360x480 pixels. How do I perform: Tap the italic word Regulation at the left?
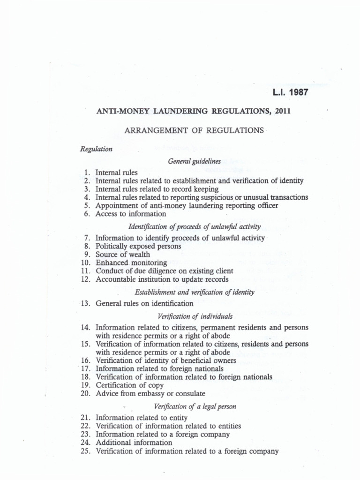pyautogui.click(x=97, y=149)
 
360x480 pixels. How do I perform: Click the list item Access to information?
pyautogui.click(x=131, y=214)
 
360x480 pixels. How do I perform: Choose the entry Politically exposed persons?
pyautogui.click(x=138, y=246)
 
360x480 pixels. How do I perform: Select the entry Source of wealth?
pyautogui.click(x=123, y=255)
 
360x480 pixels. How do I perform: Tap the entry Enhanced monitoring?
pyautogui.click(x=131, y=262)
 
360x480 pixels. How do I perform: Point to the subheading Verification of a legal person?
pyautogui.click(x=194, y=406)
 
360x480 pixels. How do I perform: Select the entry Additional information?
pyautogui.click(x=134, y=442)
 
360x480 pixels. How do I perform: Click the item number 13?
pyautogui.click(x=85, y=303)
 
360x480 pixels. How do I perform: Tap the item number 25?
pyautogui.click(x=85, y=451)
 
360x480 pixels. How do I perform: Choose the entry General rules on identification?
pyautogui.click(x=144, y=303)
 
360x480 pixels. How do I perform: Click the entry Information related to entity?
pyautogui.click(x=142, y=418)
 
